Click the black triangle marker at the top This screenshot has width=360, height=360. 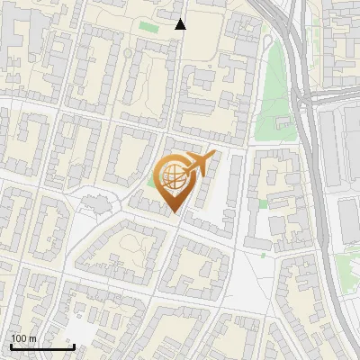(x=180, y=24)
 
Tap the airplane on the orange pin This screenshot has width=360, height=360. (x=199, y=163)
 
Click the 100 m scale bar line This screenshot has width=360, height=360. (x=42, y=346)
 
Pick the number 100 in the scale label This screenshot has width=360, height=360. (x=19, y=338)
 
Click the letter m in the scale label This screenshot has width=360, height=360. (x=33, y=338)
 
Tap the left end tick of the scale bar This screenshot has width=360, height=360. (x=11, y=346)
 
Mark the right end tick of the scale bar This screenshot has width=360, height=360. (x=74, y=346)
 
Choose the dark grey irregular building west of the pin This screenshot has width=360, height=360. (x=94, y=200)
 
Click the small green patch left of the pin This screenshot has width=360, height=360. (x=151, y=185)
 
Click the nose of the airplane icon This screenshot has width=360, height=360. (x=214, y=156)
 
